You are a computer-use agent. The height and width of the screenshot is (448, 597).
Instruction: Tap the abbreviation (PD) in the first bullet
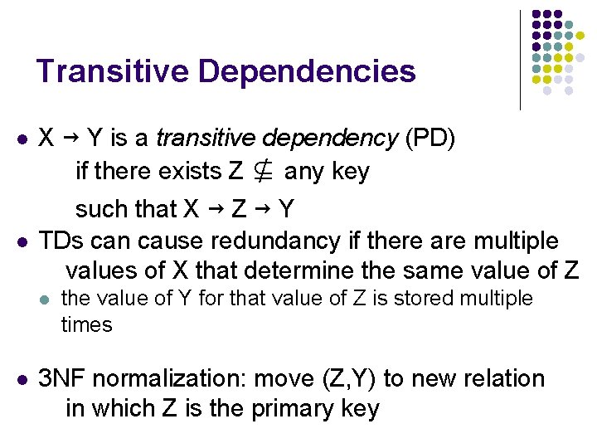tap(430, 137)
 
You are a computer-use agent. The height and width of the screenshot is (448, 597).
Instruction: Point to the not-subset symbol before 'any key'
tap(264, 173)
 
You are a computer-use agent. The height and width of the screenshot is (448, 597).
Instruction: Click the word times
tap(86, 324)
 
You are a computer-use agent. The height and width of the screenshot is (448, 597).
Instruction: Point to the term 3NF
tap(61, 379)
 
